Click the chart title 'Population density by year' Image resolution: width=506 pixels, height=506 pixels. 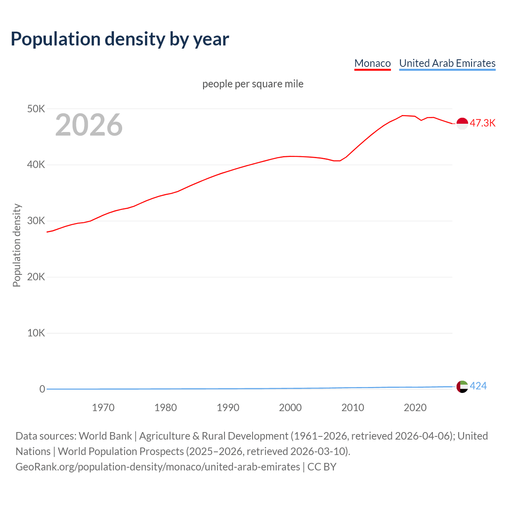pos(120,39)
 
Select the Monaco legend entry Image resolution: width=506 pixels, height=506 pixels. pos(372,63)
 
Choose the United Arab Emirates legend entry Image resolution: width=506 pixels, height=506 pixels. pos(447,63)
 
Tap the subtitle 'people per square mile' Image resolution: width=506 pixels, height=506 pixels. pos(253,84)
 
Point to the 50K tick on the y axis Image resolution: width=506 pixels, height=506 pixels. pos(36,109)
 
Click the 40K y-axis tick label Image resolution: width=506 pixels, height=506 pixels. pos(36,165)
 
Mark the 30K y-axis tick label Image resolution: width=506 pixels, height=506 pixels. pos(36,221)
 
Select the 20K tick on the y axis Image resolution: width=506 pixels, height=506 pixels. pos(36,277)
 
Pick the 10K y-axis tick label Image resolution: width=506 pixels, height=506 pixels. pos(36,333)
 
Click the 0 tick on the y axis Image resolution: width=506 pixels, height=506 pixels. pos(42,389)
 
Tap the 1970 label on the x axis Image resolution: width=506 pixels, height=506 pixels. pos(103,408)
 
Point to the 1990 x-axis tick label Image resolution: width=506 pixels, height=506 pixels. pos(228,408)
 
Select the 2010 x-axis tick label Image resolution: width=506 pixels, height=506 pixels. pos(353,408)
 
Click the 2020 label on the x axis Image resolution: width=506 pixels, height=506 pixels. pos(415,408)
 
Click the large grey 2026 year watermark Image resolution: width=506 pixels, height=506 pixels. pos(89,125)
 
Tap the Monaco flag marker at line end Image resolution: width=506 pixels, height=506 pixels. pos(462,123)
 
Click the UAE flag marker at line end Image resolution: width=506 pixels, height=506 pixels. pos(462,387)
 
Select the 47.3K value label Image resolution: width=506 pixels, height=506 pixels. pos(482,123)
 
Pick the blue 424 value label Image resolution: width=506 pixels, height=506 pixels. pos(478,386)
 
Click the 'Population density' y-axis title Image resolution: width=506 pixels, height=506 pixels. pos(17,245)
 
